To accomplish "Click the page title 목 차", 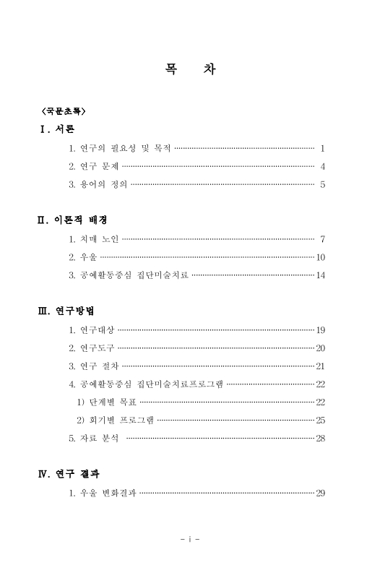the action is (x=190, y=69).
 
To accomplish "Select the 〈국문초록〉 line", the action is (x=64, y=111).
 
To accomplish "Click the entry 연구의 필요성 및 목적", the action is (x=120, y=148).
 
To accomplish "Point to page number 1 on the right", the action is (x=322, y=148).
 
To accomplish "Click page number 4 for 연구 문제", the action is (x=322, y=166).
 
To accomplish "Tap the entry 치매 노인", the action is (x=94, y=238).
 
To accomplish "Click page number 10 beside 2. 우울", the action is (x=321, y=257).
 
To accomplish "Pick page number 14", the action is (x=321, y=275).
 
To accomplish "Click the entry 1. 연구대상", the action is (x=92, y=329).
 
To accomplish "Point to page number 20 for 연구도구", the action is (x=321, y=348).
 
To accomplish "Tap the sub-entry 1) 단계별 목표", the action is (x=106, y=402).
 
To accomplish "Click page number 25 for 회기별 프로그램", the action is (x=321, y=420).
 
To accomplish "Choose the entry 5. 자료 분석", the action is (x=94, y=438).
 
